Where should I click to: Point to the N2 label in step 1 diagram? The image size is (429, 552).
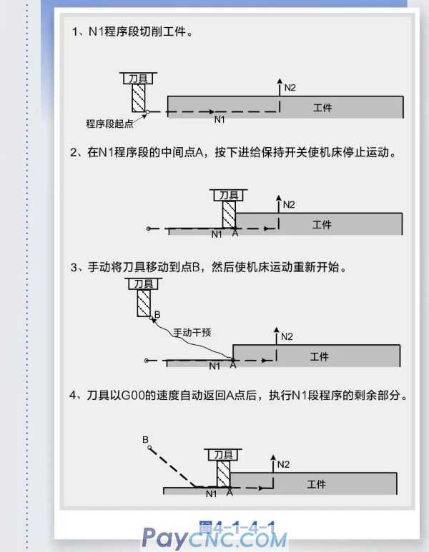[290, 87]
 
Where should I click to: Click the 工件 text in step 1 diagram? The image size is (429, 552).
[322, 108]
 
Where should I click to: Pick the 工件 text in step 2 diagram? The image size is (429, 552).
[322, 224]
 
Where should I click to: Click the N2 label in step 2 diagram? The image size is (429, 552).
[289, 204]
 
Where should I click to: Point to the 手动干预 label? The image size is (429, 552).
[192, 332]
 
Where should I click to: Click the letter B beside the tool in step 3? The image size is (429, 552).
[157, 314]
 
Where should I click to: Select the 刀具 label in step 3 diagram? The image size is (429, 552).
[143, 283]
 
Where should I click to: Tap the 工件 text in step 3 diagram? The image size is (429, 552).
[319, 356]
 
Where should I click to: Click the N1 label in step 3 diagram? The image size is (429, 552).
[214, 366]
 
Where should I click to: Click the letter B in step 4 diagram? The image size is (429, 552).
[145, 438]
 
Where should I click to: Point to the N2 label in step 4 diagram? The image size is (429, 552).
[283, 464]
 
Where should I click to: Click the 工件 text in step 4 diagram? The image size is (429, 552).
[317, 484]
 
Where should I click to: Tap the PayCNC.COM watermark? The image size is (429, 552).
[214, 537]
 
